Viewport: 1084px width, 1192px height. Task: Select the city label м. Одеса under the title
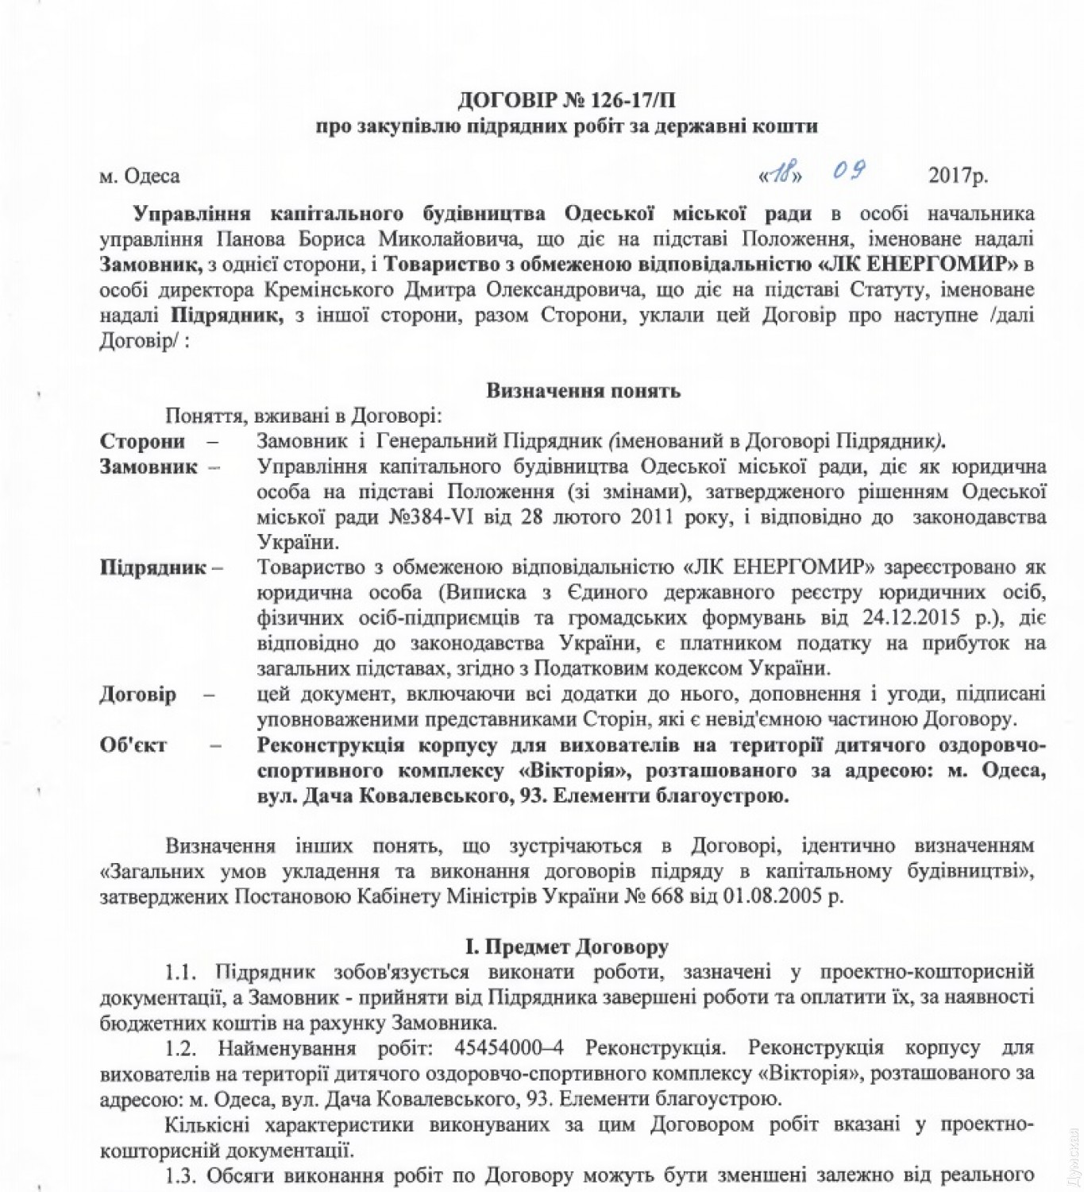click(140, 176)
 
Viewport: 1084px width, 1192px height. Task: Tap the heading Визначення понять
click(583, 391)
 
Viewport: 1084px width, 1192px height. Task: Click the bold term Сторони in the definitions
click(142, 441)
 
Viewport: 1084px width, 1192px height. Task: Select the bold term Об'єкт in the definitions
click(133, 745)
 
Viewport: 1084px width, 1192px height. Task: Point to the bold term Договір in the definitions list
click(137, 695)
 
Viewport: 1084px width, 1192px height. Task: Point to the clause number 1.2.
click(181, 1049)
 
